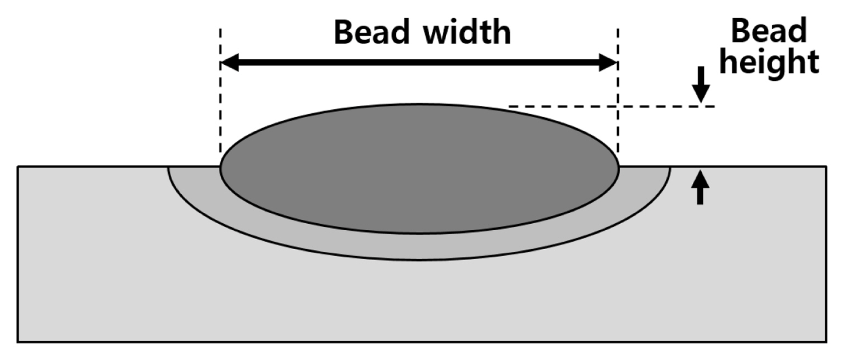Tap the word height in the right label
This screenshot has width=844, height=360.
(x=770, y=62)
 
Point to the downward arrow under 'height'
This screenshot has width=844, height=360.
(x=700, y=85)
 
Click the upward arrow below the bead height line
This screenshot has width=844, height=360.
(x=699, y=187)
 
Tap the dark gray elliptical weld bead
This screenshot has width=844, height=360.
(x=419, y=168)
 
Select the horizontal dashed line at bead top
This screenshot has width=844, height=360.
(x=610, y=106)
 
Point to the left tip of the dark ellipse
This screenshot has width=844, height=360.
(x=220, y=168)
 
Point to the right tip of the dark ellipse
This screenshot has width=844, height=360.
(x=618, y=167)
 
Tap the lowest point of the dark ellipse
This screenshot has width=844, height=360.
(x=419, y=233)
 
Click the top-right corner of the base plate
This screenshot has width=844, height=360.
(x=826, y=166)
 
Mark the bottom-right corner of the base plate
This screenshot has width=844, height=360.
(x=826, y=342)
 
